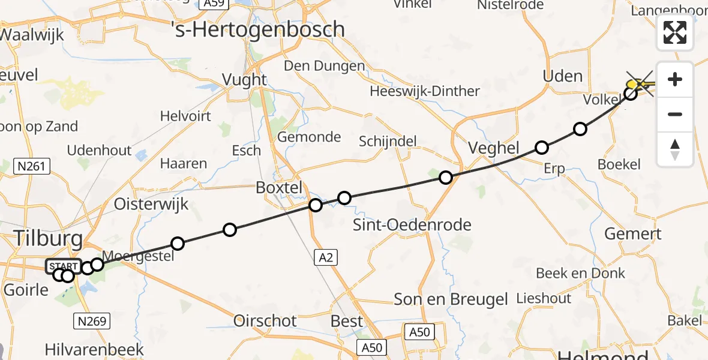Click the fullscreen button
(675, 32)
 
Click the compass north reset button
(675, 149)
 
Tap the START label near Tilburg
(64, 266)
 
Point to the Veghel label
(494, 149)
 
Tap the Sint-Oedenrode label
(412, 225)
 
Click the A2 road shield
(324, 257)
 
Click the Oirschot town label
(265, 321)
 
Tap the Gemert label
(632, 234)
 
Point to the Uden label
(562, 76)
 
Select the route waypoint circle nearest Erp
(542, 148)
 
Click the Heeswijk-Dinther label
(425, 91)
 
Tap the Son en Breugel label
(451, 299)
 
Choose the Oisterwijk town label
(151, 204)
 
